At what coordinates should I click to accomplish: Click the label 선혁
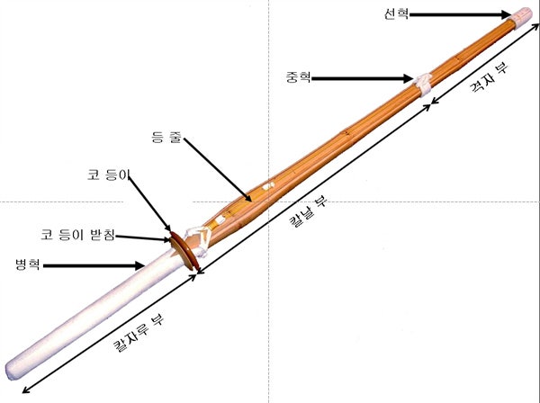click(396, 14)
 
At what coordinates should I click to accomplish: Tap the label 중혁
click(298, 77)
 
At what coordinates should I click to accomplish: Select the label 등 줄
click(166, 137)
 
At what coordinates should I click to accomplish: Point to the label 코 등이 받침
click(77, 235)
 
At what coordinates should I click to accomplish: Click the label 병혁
click(28, 264)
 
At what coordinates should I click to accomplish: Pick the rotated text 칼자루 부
click(139, 333)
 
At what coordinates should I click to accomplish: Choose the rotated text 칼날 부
click(307, 212)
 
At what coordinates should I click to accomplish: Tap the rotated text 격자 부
click(489, 78)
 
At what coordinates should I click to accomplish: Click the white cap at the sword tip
click(523, 14)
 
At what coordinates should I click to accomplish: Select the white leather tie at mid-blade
click(423, 84)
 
